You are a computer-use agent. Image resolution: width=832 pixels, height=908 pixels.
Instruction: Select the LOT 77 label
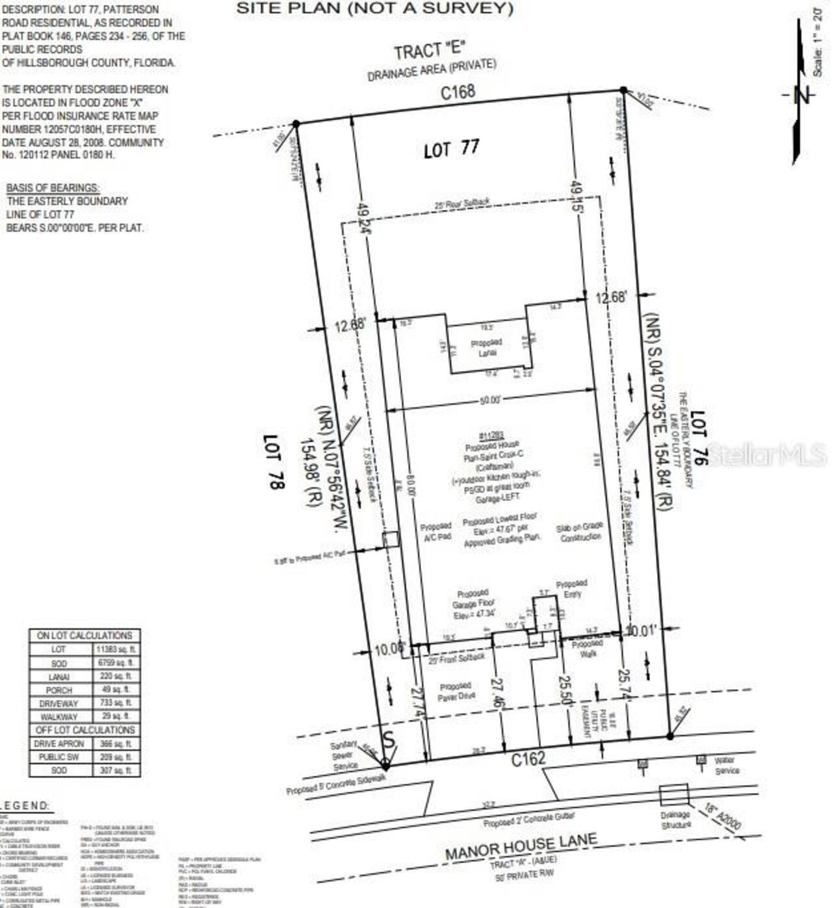[451, 149]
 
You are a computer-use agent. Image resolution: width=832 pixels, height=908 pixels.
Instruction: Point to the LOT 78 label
[273, 462]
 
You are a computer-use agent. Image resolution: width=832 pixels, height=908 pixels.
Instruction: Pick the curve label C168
[458, 92]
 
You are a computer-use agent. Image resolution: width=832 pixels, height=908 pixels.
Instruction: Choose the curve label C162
[528, 759]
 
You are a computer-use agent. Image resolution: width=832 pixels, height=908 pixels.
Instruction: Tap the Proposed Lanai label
[486, 347]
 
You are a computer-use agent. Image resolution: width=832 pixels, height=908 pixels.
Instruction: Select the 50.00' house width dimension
[490, 400]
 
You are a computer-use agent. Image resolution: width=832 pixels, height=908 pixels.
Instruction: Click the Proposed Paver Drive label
[456, 691]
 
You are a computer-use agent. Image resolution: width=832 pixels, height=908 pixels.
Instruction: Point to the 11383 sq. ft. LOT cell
[116, 649]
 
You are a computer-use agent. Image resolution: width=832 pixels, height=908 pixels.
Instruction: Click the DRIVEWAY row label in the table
[58, 703]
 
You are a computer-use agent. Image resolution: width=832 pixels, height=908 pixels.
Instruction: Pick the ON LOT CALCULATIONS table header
[84, 635]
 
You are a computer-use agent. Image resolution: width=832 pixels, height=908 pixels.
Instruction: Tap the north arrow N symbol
[803, 95]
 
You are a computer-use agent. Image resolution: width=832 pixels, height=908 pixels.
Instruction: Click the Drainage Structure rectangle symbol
[673, 794]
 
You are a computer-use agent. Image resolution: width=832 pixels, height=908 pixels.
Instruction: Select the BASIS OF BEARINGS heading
[53, 188]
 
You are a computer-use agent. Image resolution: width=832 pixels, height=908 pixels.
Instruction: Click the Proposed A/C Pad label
[435, 532]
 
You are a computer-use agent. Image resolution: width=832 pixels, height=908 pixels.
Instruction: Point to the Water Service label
[726, 765]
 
